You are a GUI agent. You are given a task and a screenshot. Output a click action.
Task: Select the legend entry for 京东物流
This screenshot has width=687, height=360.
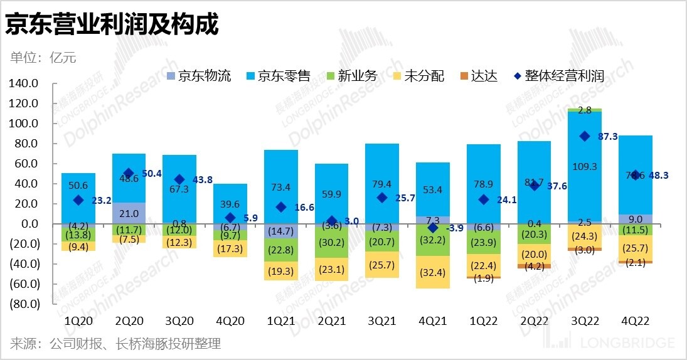(198, 77)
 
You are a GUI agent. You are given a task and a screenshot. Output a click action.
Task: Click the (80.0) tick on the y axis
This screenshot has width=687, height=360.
(24, 304)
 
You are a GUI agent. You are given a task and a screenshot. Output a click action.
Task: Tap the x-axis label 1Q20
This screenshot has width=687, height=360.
(78, 320)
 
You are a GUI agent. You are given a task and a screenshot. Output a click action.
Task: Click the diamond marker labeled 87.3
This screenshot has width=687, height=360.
(585, 136)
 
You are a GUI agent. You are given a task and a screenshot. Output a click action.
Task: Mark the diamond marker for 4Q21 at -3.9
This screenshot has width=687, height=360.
(433, 228)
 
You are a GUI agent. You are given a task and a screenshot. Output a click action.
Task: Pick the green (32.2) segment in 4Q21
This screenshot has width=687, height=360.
(433, 240)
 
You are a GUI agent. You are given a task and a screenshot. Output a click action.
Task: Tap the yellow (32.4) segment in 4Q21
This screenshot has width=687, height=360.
(433, 272)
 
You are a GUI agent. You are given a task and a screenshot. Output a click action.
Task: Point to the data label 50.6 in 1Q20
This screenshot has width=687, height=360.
(78, 185)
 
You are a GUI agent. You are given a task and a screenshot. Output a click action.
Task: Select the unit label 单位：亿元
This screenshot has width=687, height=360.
(43, 58)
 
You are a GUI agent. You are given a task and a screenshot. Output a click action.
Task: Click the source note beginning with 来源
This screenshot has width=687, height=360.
(115, 344)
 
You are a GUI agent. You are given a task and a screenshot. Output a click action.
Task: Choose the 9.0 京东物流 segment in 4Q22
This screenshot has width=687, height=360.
(635, 219)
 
